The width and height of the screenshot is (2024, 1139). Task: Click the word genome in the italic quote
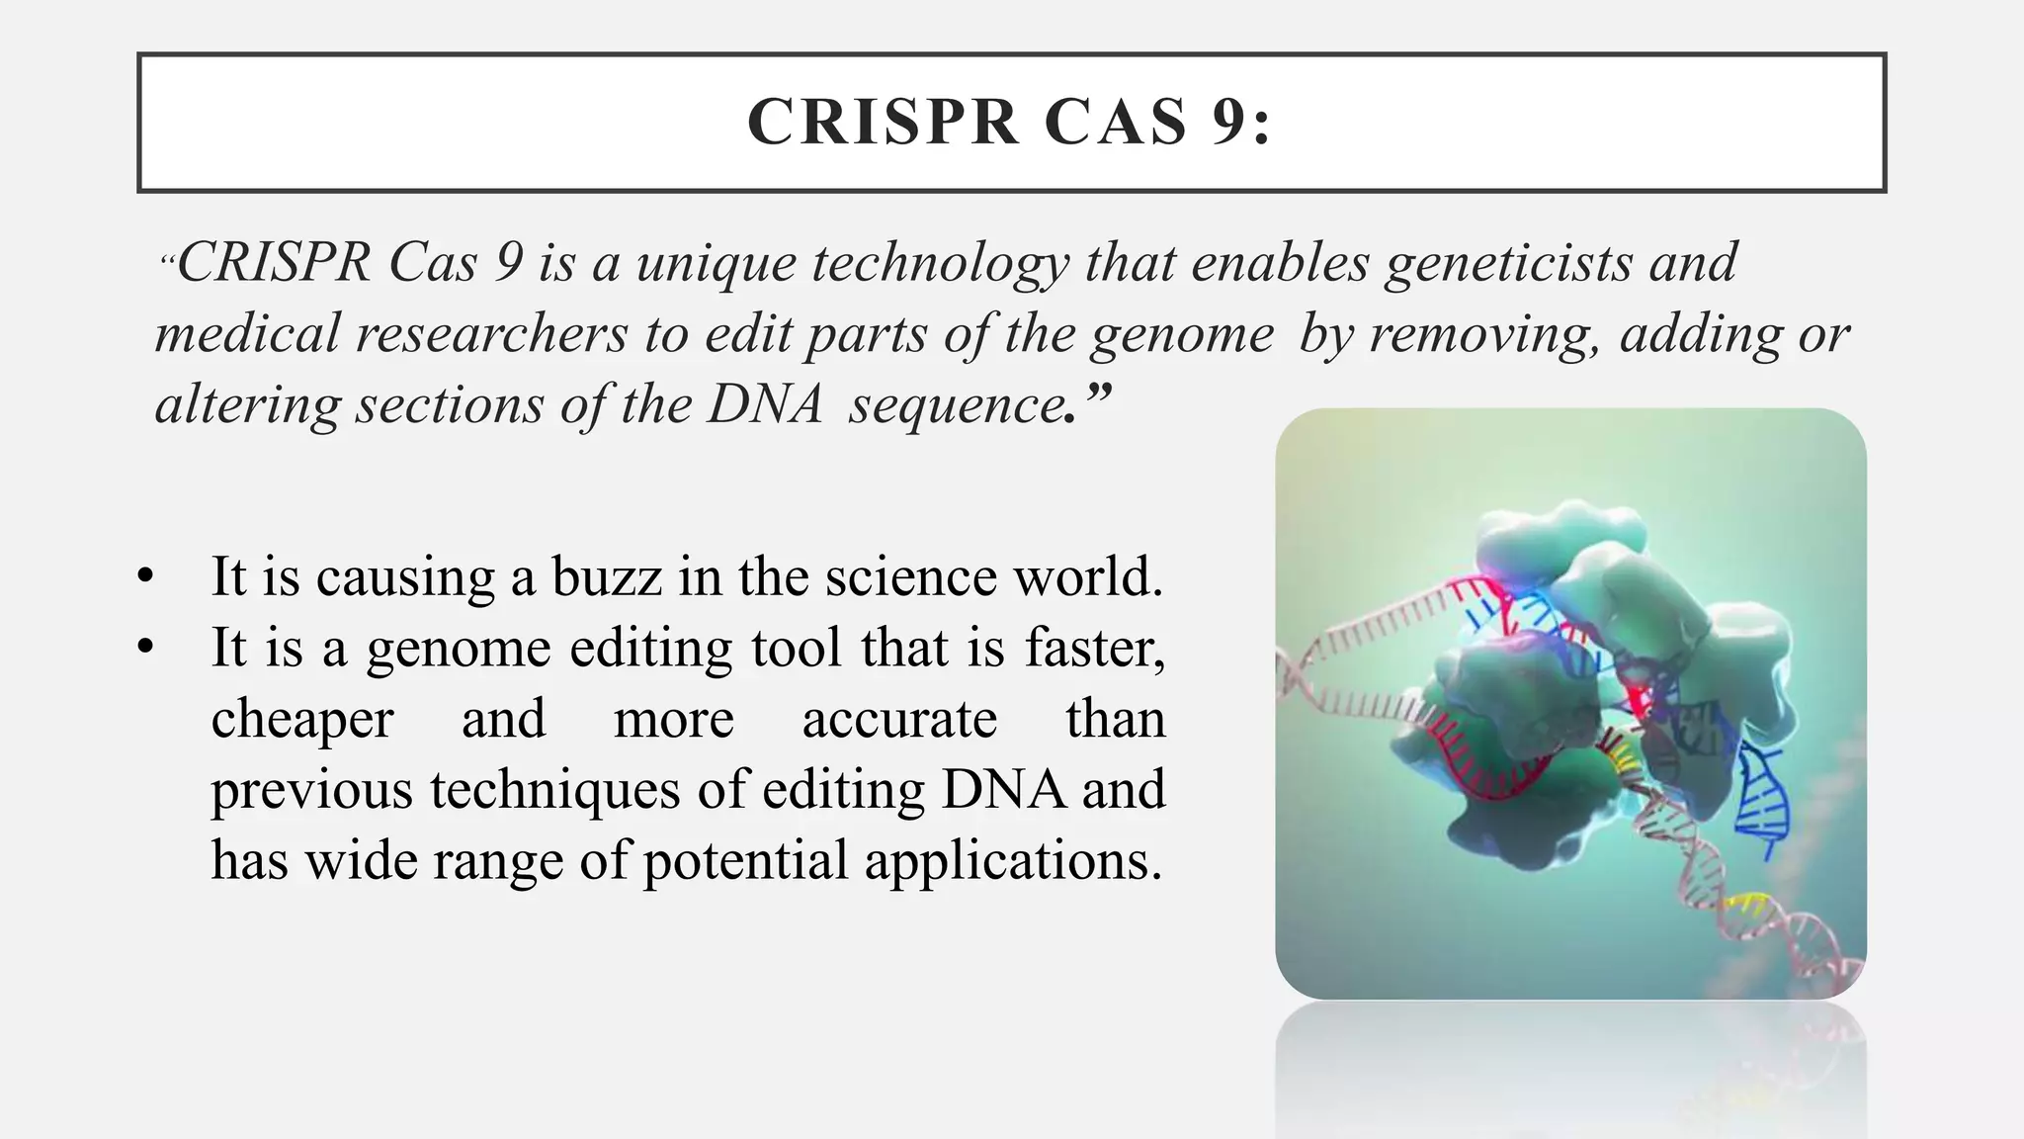click(1182, 334)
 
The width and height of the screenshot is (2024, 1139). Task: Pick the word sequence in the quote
click(955, 405)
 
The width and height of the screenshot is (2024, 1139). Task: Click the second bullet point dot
click(146, 648)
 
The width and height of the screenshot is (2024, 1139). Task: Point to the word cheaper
click(302, 719)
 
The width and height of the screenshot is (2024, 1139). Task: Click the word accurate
click(899, 719)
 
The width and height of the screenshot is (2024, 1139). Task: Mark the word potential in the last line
click(745, 861)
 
